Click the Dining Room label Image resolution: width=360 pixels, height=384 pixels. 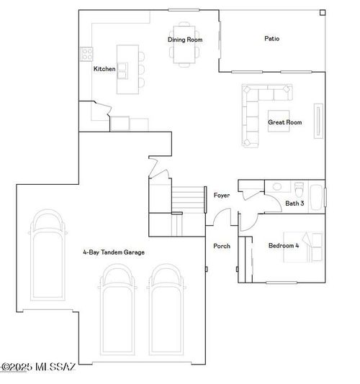coord(185,40)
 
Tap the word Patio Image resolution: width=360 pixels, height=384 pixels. coord(271,39)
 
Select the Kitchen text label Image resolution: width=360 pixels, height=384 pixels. coord(104,69)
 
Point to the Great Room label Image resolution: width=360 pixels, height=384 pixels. coord(284,122)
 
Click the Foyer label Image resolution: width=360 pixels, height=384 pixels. coord(222,196)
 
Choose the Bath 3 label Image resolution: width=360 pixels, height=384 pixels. coord(294,204)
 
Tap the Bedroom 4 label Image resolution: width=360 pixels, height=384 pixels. coord(282,246)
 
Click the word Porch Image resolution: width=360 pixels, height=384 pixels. coord(222,246)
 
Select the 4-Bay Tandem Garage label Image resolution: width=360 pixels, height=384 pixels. coord(113,252)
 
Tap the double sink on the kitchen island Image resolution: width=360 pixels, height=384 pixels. coord(123,69)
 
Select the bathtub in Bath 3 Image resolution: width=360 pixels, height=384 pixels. coord(316,194)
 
